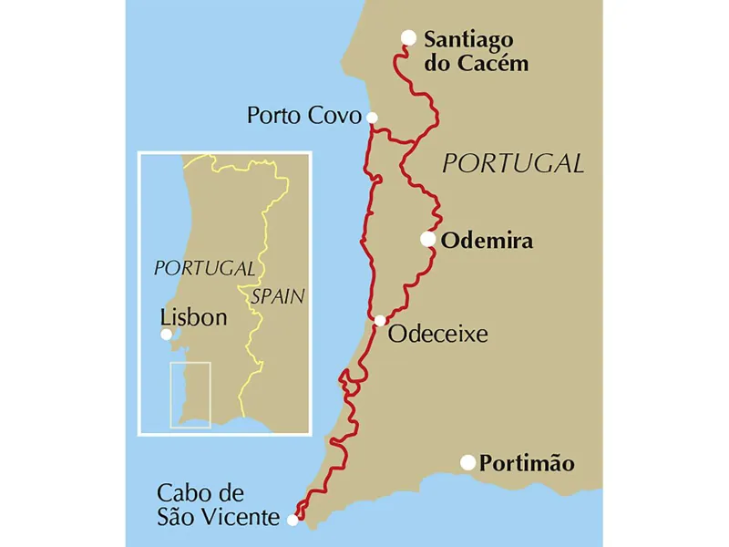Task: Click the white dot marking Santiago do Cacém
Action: (409, 37)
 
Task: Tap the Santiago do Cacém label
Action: (476, 51)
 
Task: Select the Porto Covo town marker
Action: (372, 117)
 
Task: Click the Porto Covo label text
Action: (303, 116)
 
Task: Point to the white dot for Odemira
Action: (427, 239)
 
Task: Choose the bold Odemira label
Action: (487, 241)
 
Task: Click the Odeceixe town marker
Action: (380, 320)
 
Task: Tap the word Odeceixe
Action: (437, 335)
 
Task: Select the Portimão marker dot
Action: (468, 462)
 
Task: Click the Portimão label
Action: (528, 463)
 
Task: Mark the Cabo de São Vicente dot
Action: (293, 520)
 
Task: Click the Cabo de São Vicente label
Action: (217, 505)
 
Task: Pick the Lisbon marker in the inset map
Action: (166, 335)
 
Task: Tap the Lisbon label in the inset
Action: (192, 318)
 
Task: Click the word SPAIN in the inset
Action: (278, 296)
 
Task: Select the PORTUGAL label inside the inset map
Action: (204, 269)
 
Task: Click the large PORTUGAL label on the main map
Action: (512, 164)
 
